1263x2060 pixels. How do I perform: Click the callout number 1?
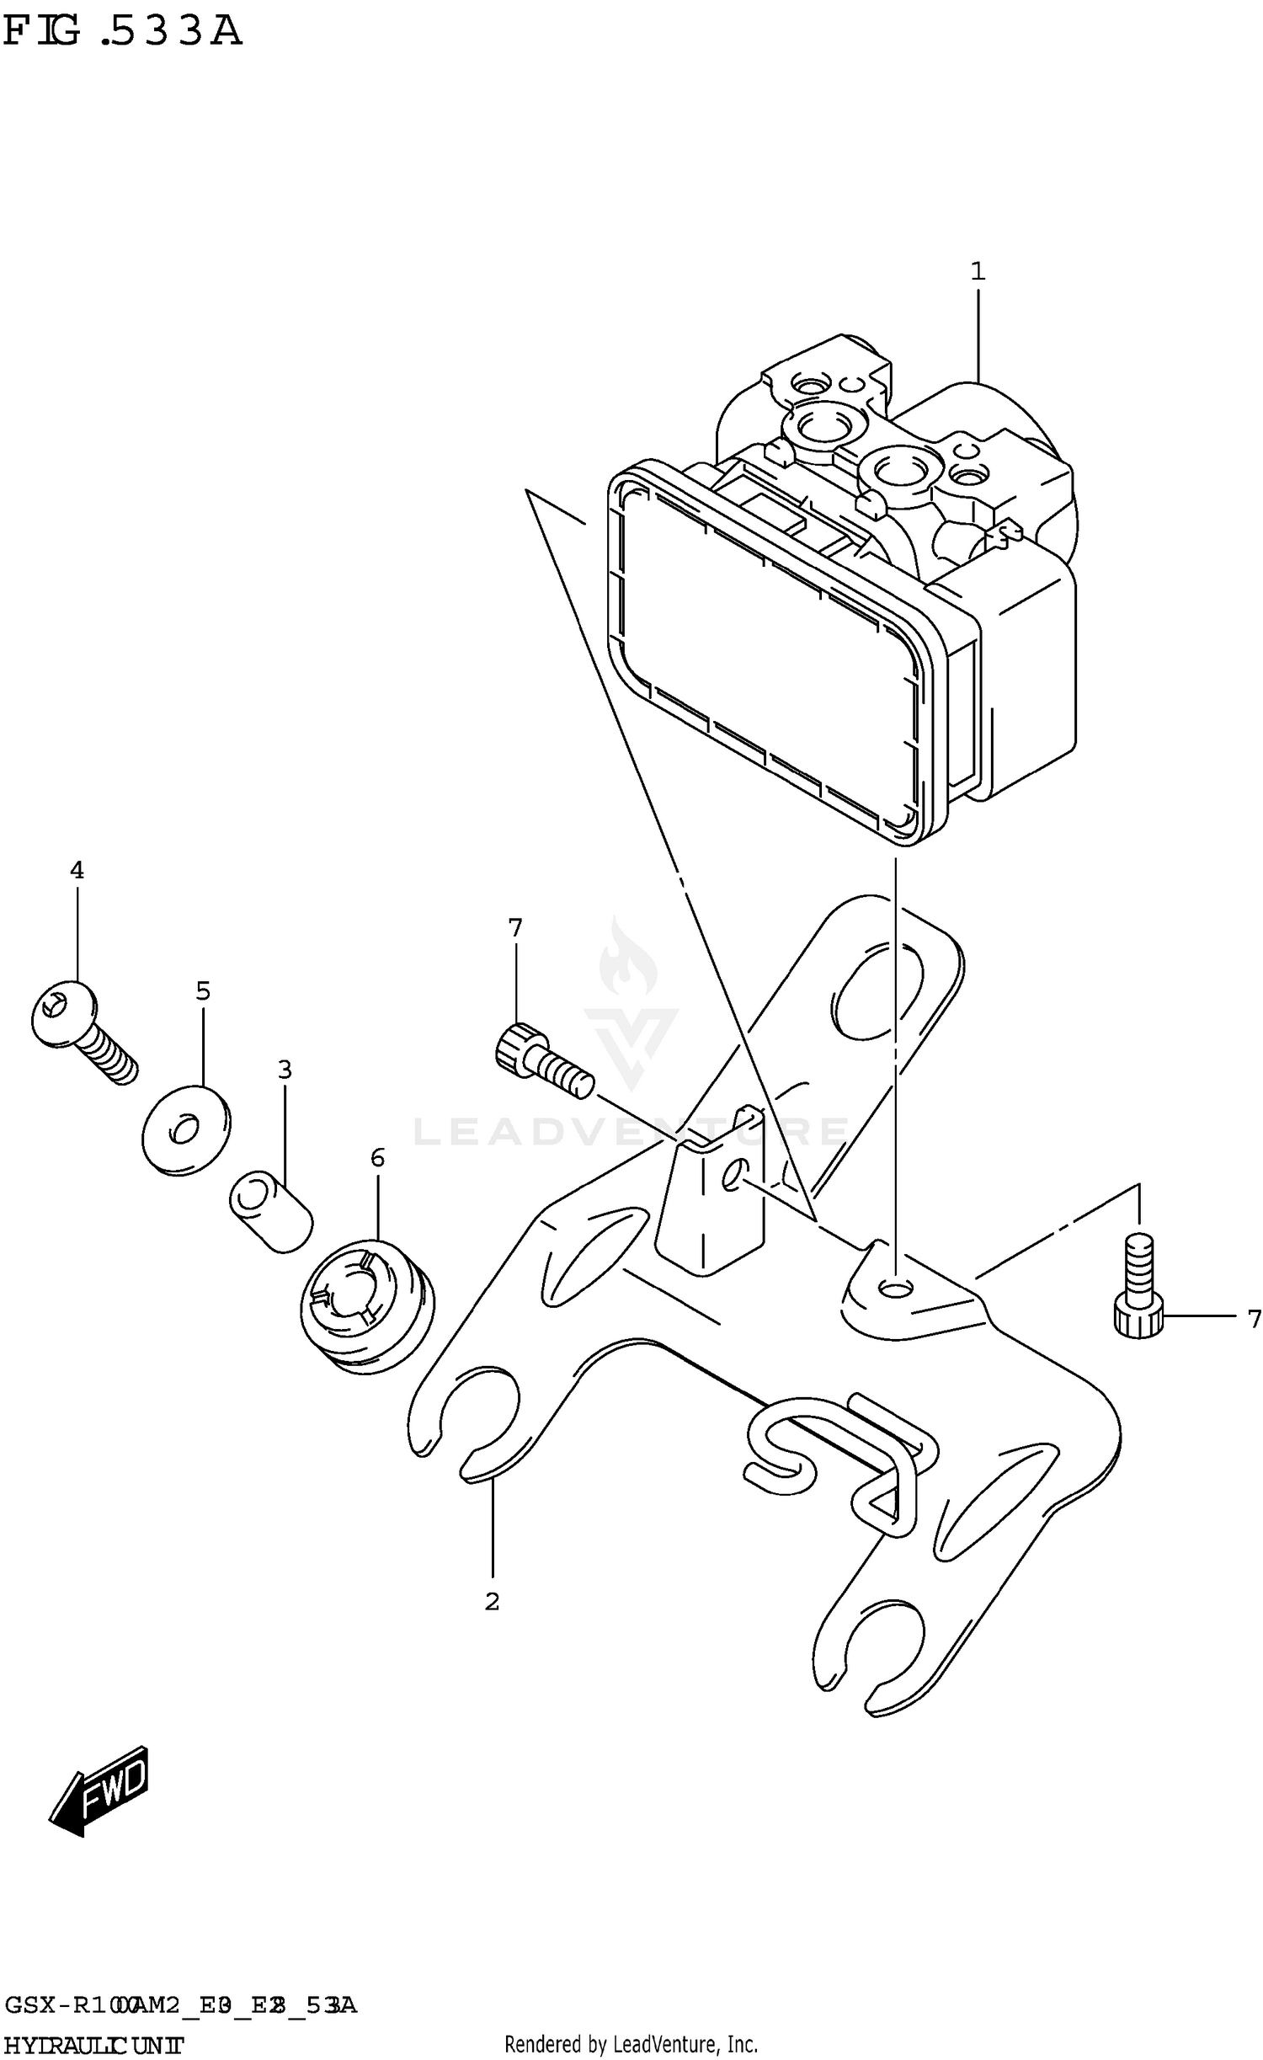977,272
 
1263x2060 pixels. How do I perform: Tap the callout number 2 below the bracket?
492,1601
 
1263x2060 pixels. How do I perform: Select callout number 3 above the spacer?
285,1070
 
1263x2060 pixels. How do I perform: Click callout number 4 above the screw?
77,870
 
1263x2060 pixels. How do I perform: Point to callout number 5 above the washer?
203,991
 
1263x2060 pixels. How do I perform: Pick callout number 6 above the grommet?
377,1158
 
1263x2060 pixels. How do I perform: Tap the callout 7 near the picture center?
515,928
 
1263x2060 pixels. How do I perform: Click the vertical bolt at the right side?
1138,1285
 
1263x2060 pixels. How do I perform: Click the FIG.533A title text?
122,32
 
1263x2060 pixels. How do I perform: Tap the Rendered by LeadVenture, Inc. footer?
631,2044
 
